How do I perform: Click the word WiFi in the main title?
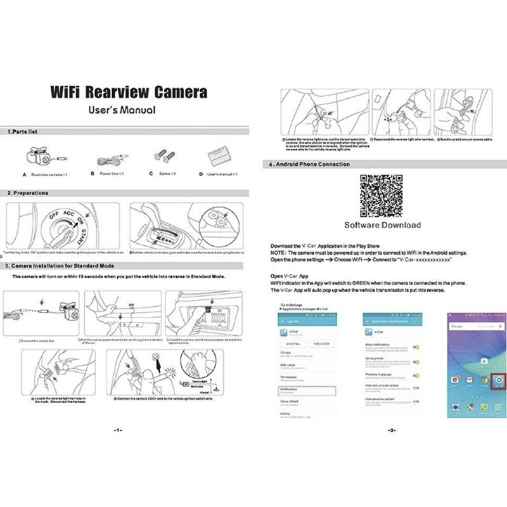66,91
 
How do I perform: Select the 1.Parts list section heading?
23,132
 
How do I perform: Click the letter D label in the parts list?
201,174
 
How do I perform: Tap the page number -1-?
117,430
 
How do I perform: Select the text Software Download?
382,225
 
